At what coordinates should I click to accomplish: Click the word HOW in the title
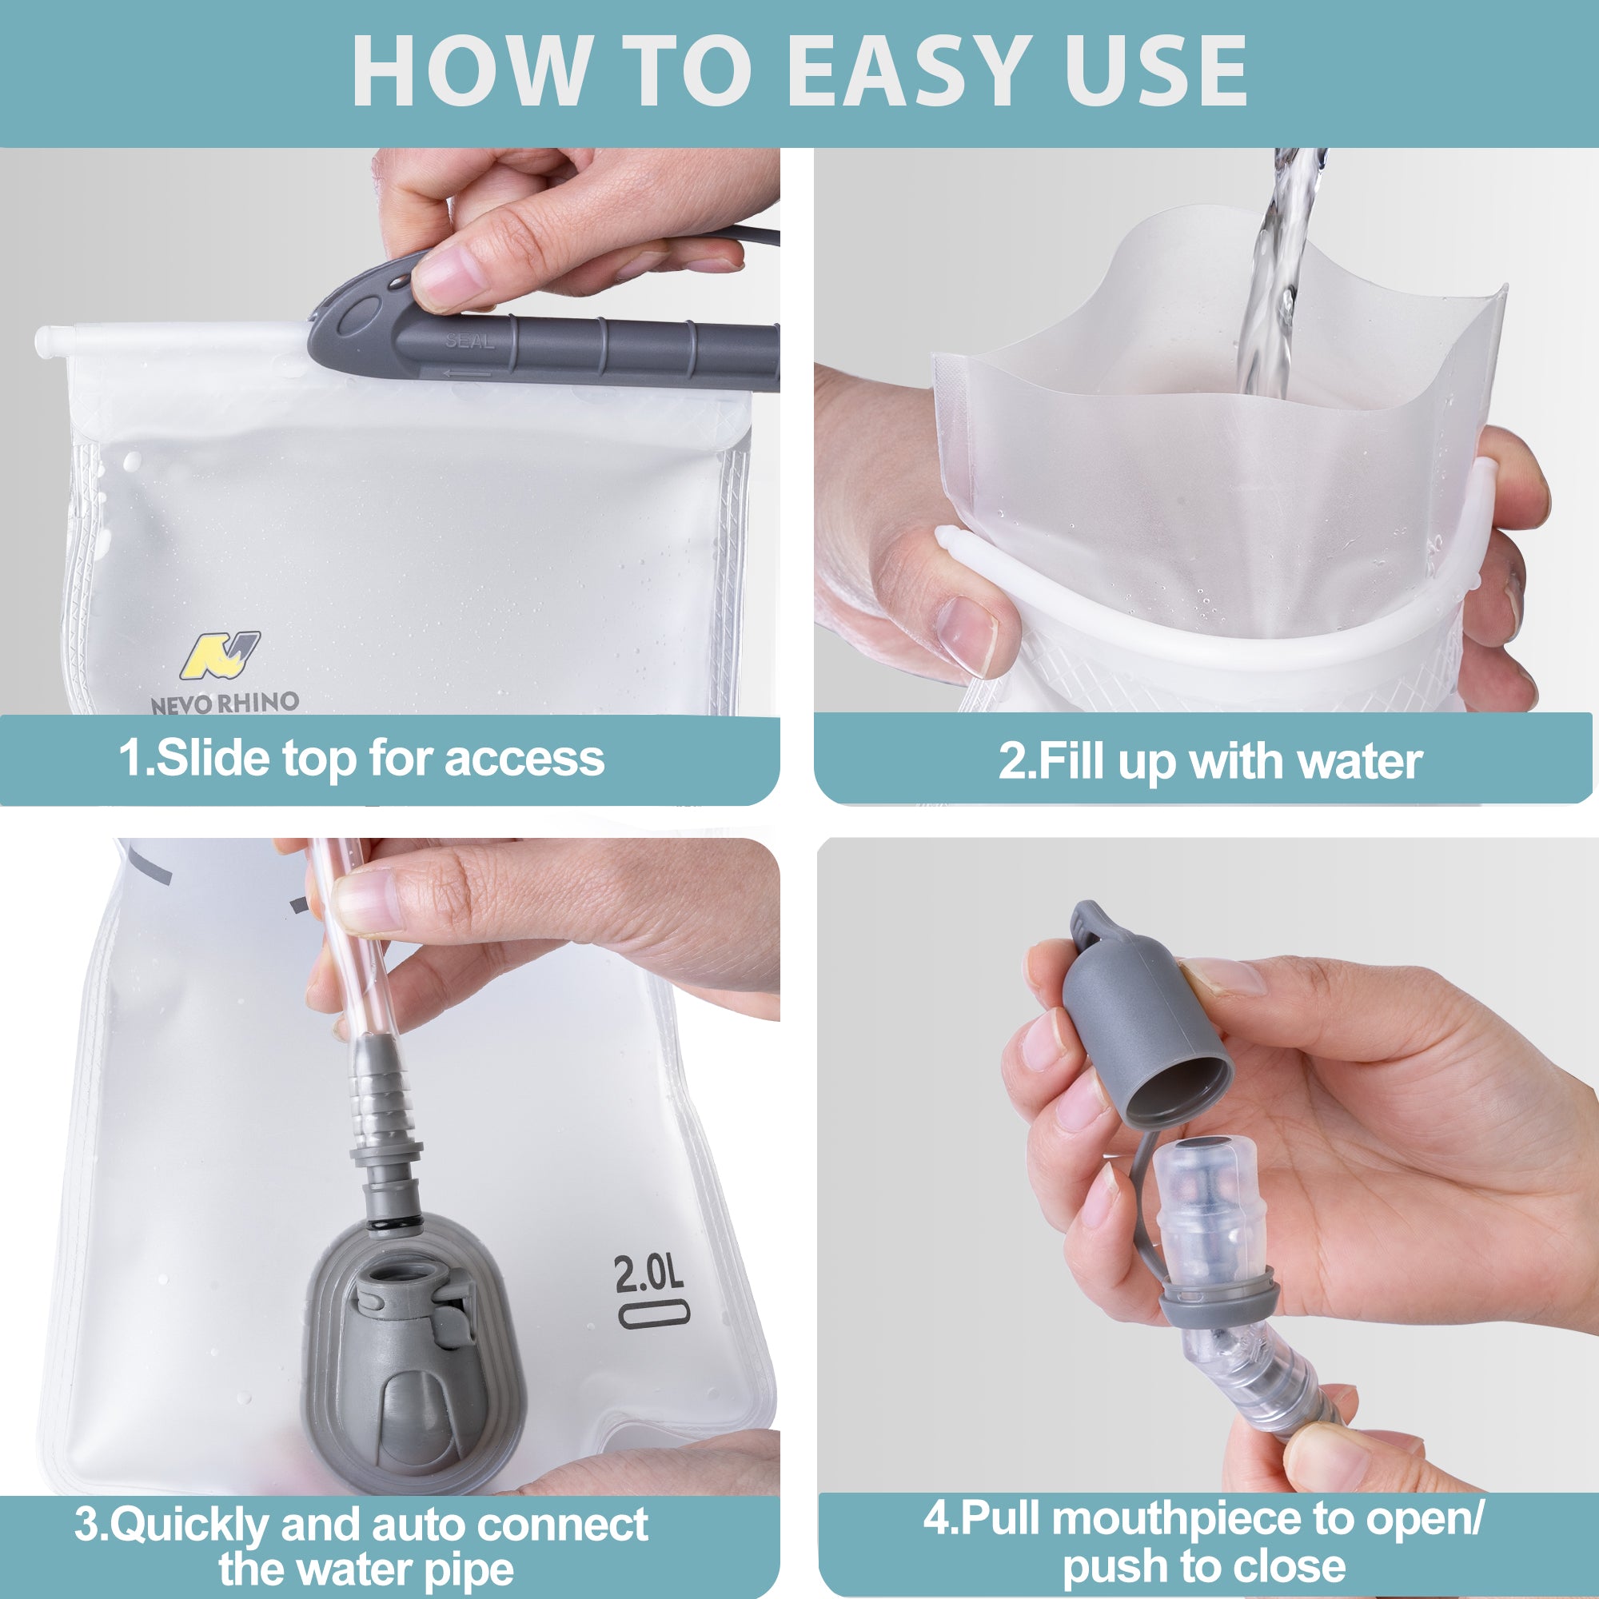click(x=469, y=73)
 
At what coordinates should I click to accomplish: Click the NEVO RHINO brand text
click(x=225, y=703)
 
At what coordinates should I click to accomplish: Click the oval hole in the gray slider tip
click(x=357, y=315)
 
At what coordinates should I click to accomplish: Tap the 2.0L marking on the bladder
click(x=649, y=1274)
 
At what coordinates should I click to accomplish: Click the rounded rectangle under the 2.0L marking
click(x=654, y=1315)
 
